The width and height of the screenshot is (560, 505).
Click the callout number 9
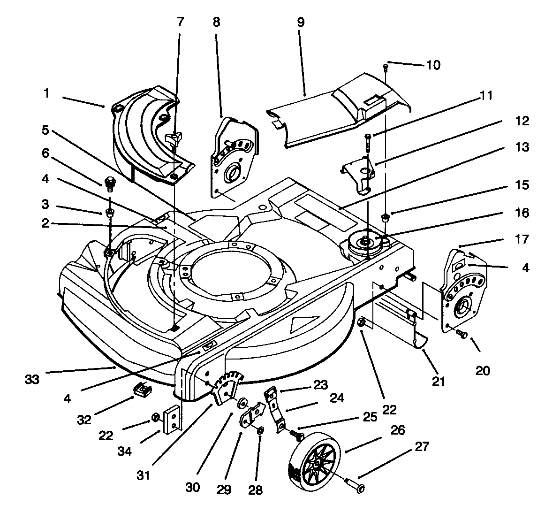[x=301, y=23]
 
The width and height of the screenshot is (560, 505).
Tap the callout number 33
[x=32, y=378]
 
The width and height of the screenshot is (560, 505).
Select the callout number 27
[x=422, y=446]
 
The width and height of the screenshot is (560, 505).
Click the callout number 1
[x=46, y=93]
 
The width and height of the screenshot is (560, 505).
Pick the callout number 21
[x=438, y=381]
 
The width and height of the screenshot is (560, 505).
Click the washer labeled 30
[x=242, y=403]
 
